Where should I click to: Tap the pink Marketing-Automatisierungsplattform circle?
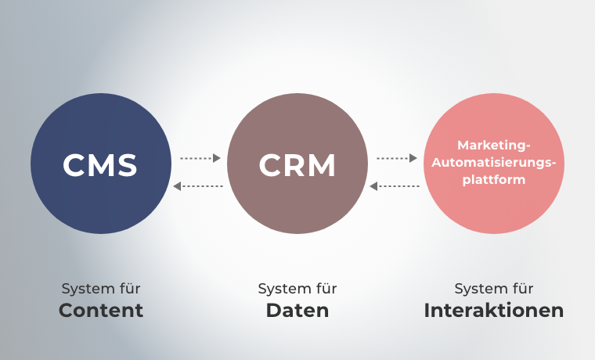point(493,203)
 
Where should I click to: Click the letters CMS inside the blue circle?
point(100,165)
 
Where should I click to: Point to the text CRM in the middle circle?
point(297,165)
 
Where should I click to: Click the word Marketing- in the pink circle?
point(493,146)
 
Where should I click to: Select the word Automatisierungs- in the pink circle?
point(493,163)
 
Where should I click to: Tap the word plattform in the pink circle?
point(493,179)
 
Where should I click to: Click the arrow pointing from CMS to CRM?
point(200,158)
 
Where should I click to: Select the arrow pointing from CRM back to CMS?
point(198,186)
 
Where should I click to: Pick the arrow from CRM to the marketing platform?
point(397,158)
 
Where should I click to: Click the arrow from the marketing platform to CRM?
point(395,186)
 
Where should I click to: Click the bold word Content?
point(101,311)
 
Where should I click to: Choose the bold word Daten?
point(297,311)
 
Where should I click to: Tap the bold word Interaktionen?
point(494,311)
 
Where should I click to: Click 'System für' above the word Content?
point(101,289)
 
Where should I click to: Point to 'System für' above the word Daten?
point(297,289)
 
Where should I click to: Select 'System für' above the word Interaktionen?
point(494,289)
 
